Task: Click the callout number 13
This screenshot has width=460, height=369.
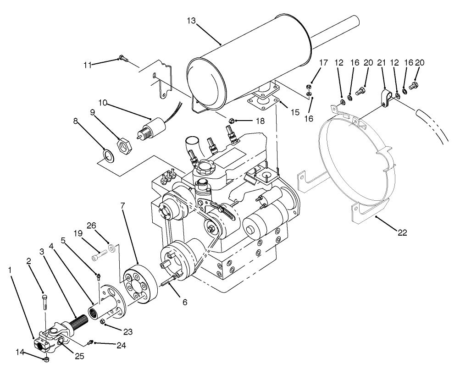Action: [192, 20]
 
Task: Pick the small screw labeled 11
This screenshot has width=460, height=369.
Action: [122, 58]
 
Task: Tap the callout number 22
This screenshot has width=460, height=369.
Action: [402, 233]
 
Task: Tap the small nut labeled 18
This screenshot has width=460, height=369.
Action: [231, 121]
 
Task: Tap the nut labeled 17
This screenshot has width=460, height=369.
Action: [310, 87]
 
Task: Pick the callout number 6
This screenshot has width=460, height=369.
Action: [185, 303]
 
